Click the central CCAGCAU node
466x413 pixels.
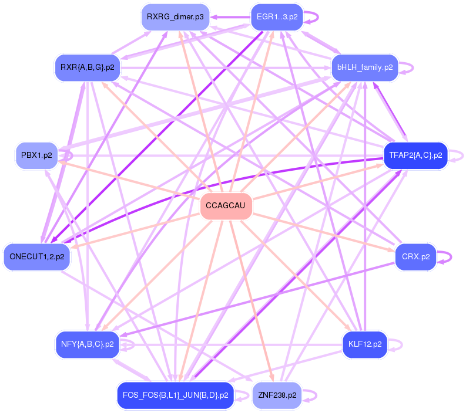click(226, 206)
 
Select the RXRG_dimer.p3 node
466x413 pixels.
click(175, 17)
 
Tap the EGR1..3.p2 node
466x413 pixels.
click(276, 17)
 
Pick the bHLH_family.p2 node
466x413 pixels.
click(365, 67)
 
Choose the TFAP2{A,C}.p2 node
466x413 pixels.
click(415, 155)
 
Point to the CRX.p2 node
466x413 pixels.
click(415, 257)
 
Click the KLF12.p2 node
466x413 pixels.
click(365, 344)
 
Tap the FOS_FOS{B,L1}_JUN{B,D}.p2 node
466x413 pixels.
click(176, 395)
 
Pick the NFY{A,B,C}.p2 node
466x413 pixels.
click(87, 344)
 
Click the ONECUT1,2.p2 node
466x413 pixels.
click(36, 257)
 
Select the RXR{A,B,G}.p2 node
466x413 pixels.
click(87, 67)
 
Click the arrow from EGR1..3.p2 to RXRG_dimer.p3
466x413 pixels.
click(229, 17)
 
